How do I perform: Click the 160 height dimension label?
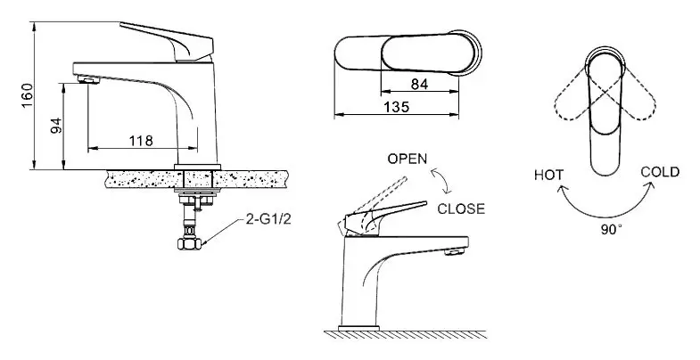pyautogui.click(x=28, y=95)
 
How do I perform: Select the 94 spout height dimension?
pyautogui.click(x=56, y=127)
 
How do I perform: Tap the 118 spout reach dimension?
pyautogui.click(x=141, y=141)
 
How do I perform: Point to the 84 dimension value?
pyautogui.click(x=420, y=84)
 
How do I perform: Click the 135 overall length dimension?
pyautogui.click(x=397, y=107)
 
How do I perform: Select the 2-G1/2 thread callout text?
pyautogui.click(x=268, y=219)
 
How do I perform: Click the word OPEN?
pyautogui.click(x=408, y=159)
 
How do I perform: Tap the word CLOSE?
pyautogui.click(x=461, y=209)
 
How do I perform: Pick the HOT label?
pyautogui.click(x=548, y=175)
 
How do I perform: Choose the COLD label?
pyautogui.click(x=660, y=172)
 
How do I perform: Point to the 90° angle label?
pyautogui.click(x=611, y=230)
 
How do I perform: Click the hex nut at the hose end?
pyautogui.click(x=190, y=243)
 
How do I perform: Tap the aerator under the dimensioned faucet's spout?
pyautogui.click(x=88, y=80)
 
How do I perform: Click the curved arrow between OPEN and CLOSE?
pyautogui.click(x=441, y=181)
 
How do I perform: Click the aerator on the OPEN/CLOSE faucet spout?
pyautogui.click(x=453, y=252)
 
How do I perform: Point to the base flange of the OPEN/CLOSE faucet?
pyautogui.click(x=359, y=328)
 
